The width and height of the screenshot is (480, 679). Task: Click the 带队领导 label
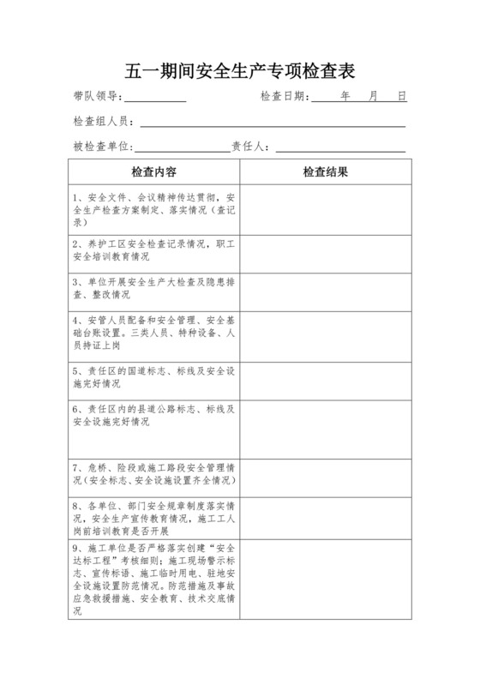click(97, 97)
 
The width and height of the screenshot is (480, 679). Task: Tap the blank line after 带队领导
click(155, 98)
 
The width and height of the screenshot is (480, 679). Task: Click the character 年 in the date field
click(345, 97)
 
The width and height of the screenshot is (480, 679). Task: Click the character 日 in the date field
click(401, 97)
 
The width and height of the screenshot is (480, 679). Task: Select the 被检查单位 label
click(102, 147)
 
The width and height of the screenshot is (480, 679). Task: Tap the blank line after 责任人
click(339, 148)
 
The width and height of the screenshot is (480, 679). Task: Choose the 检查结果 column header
click(326, 171)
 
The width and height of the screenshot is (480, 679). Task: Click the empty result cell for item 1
click(326, 209)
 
